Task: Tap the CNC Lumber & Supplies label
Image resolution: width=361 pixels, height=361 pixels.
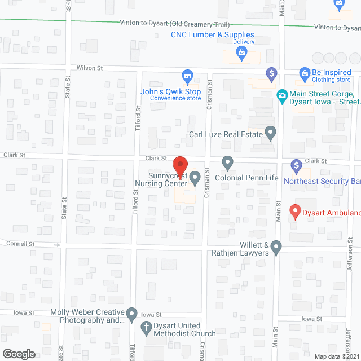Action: tap(213, 34)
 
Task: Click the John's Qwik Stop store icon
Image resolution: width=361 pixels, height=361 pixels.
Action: tap(187, 76)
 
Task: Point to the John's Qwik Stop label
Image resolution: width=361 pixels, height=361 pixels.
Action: tap(171, 91)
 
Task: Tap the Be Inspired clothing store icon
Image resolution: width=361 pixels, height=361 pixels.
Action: tap(305, 73)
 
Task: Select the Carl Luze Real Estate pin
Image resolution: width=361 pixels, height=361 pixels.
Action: tap(271, 134)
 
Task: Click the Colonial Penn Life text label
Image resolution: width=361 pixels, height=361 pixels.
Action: tap(246, 178)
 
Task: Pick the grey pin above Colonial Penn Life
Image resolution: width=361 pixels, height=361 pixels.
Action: tap(227, 163)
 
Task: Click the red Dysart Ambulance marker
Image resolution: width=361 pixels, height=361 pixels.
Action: tap(294, 212)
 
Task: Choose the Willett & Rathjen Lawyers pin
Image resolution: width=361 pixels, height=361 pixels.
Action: tap(276, 246)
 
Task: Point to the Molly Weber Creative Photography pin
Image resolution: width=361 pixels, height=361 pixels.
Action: tap(131, 313)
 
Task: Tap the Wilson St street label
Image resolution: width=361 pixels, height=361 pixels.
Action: tap(90, 68)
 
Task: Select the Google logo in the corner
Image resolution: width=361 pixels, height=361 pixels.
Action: tap(18, 354)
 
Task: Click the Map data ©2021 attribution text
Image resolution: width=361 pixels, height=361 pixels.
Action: tap(336, 356)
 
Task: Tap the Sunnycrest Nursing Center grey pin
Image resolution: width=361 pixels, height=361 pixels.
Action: tap(195, 179)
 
